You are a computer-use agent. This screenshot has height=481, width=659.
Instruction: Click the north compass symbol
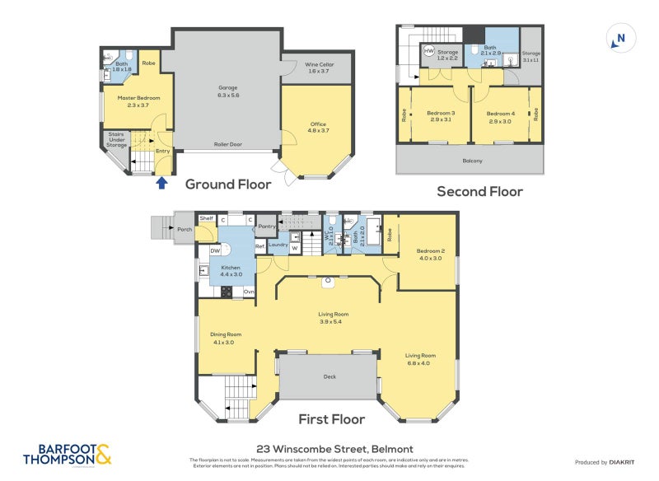coord(619,38)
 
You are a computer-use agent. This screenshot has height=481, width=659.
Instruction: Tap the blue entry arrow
coord(161,183)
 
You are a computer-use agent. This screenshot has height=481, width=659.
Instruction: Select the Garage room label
coord(227,91)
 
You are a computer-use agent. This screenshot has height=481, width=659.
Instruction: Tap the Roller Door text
coord(227,143)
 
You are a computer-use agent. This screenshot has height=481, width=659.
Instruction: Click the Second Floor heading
coord(479,191)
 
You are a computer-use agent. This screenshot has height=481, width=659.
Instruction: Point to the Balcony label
coord(472,161)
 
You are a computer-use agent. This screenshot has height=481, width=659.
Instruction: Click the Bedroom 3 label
coord(441,117)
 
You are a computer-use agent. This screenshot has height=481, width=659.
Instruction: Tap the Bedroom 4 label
coord(500,117)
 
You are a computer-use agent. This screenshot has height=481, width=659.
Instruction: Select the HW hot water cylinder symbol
coord(428,51)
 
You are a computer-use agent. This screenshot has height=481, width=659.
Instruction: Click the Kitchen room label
coord(230,272)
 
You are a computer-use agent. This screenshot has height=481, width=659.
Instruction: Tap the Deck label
coord(329,376)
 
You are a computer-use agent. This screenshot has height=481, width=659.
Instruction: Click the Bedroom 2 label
coord(429,255)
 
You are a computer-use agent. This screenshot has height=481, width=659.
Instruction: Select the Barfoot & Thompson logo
coord(66,454)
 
